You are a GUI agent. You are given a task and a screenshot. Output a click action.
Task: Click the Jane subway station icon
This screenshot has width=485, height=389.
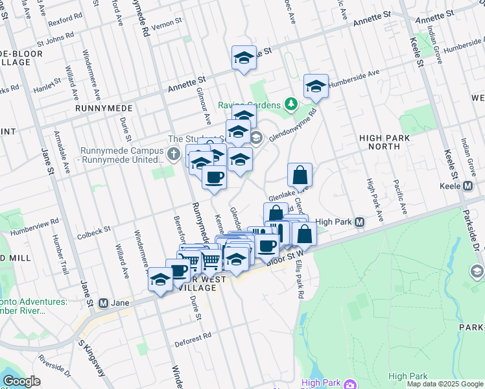tap(103, 303)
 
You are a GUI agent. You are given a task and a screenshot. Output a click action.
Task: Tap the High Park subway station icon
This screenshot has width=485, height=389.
tap(359, 222)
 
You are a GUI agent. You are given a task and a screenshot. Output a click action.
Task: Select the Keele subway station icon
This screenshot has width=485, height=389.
tap(468, 186)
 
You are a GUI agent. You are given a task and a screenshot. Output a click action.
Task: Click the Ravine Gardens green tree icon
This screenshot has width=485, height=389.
tap(291, 104)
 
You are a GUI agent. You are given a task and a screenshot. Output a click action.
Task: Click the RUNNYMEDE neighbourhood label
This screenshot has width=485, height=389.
tap(104, 108)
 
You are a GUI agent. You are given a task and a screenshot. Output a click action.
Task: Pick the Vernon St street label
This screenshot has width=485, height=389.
tap(165, 26)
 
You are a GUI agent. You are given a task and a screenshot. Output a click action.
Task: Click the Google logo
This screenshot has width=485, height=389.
tap(21, 381)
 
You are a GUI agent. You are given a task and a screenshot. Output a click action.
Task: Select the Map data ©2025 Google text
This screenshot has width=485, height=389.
tap(444, 384)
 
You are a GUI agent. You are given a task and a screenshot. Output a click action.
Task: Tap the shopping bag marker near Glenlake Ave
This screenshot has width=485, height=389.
tap(300, 175)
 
